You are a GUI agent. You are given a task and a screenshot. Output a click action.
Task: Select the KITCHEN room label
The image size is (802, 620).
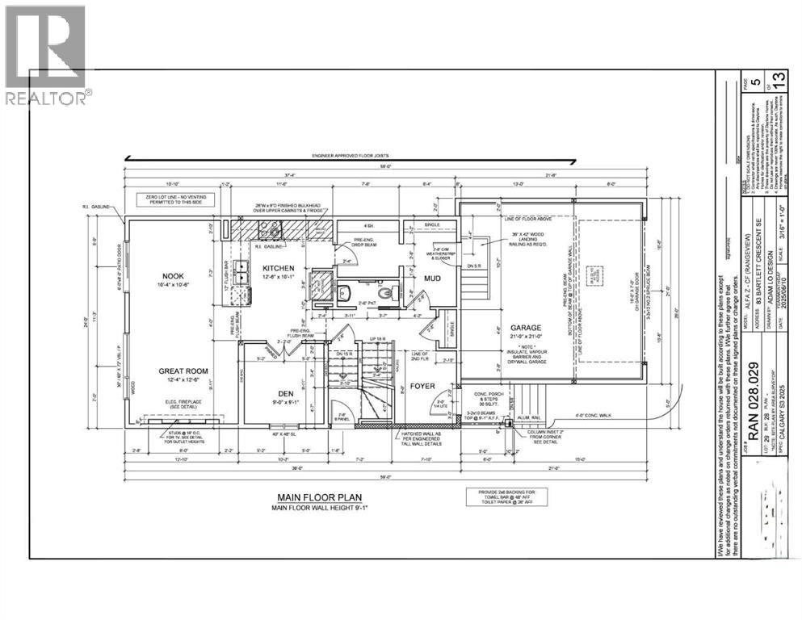(x=278, y=268)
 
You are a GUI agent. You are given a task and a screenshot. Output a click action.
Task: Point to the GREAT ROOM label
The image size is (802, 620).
(x=183, y=372)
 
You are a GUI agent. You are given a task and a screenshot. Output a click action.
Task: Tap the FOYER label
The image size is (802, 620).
(x=422, y=386)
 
